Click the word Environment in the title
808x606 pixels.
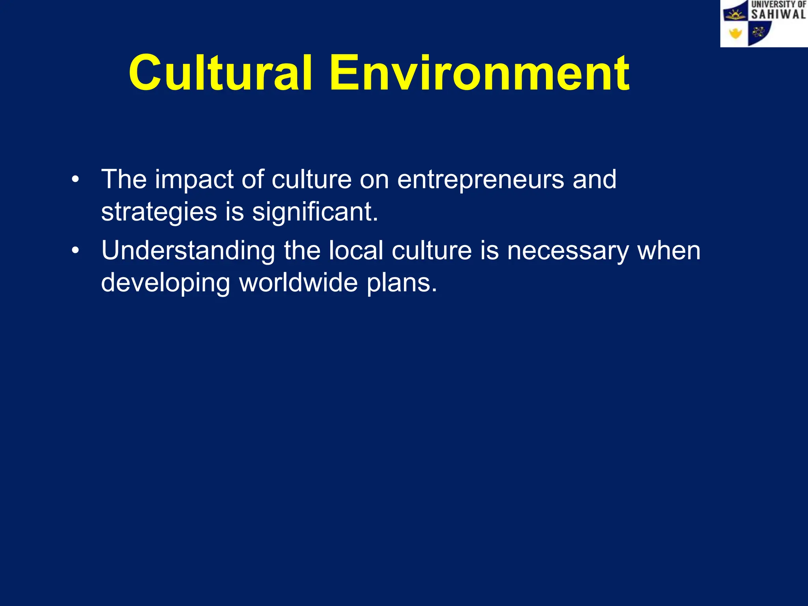pos(479,73)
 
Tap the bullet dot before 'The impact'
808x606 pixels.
pos(75,180)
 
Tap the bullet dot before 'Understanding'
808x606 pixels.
pos(75,251)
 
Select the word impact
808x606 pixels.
pos(194,180)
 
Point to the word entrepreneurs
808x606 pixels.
pos(481,180)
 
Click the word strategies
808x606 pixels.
pos(159,213)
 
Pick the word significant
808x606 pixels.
pos(315,213)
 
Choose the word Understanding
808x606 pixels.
pos(188,251)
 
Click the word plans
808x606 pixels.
pos(402,284)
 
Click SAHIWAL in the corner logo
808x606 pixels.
pos(778,15)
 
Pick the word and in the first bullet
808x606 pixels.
pos(594,180)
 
